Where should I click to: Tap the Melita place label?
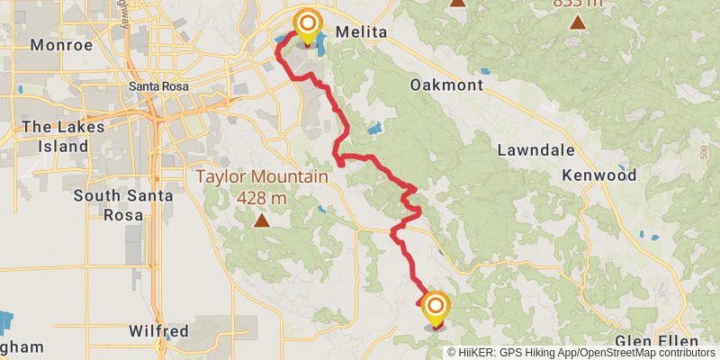[x=361, y=32]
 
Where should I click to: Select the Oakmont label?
[x=446, y=85]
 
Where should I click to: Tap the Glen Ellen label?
[x=657, y=342]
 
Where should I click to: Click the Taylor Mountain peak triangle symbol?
[x=261, y=220]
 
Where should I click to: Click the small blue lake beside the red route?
[x=374, y=129]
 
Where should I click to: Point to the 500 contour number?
[x=703, y=154]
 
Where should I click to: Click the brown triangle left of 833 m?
[x=458, y=3]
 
